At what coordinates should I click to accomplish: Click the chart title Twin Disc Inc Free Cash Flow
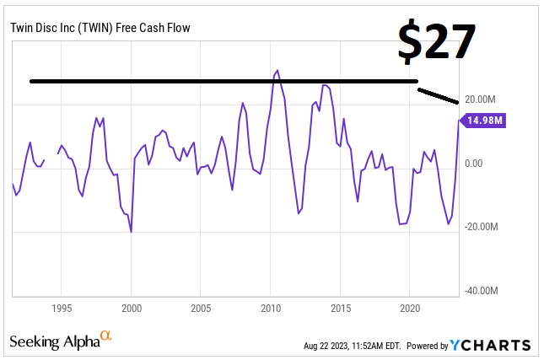coord(100,28)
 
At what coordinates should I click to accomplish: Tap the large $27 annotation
coord(437,41)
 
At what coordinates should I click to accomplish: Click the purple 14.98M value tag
coord(485,121)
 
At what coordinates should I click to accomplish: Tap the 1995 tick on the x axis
coord(62,308)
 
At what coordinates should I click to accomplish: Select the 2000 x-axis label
coord(132,308)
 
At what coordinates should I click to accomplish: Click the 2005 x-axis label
coord(201,308)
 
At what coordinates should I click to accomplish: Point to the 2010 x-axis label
coord(271,308)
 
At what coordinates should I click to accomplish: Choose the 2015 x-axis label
coord(340,308)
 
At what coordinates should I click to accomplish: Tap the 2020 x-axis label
coord(410,308)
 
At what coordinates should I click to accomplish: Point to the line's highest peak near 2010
coord(277,71)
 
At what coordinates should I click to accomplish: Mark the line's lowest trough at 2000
coord(131,232)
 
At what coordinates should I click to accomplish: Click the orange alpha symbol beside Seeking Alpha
coord(106,336)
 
